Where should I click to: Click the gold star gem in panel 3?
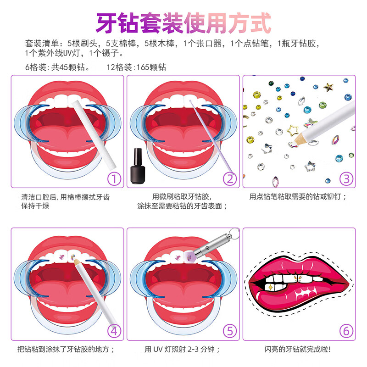328,86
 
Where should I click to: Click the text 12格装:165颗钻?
137,67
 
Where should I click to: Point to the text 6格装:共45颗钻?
57,67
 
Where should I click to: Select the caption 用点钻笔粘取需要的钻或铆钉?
298,197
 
